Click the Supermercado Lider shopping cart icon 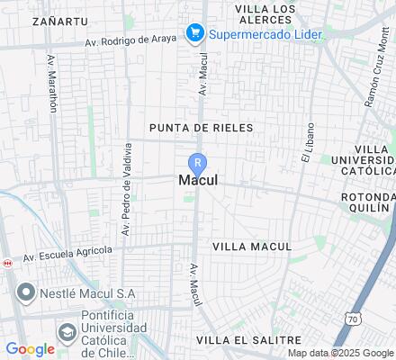(x=194, y=34)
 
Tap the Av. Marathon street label (x=51, y=83)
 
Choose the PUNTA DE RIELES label (x=202, y=128)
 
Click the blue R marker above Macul (x=198, y=163)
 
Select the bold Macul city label (x=198, y=180)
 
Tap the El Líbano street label (x=308, y=141)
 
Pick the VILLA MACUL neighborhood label (x=252, y=246)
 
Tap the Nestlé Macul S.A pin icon (x=25, y=293)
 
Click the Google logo (x=30, y=349)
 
